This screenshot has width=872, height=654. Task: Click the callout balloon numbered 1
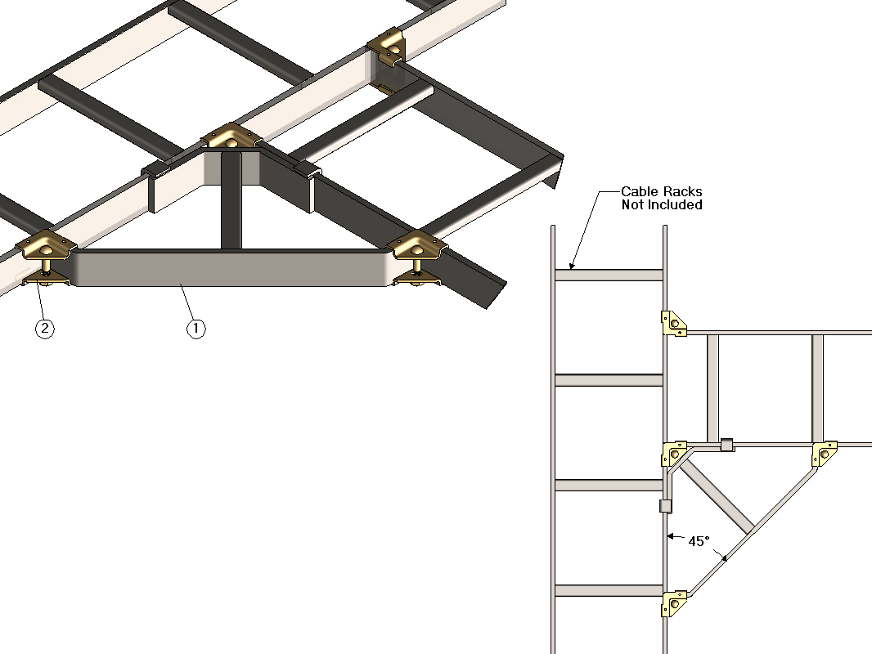[x=196, y=329]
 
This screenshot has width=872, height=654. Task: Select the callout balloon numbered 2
[x=45, y=329]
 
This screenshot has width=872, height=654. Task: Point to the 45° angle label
[x=699, y=541]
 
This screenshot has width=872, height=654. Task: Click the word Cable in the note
[x=637, y=191]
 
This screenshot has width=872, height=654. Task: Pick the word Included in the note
[x=674, y=205]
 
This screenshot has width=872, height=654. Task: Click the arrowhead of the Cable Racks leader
[x=571, y=266]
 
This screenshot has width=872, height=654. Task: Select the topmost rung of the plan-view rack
[x=609, y=275]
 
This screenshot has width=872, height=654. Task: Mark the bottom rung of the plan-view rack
[x=609, y=591]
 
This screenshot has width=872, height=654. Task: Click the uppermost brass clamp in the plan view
[x=673, y=324]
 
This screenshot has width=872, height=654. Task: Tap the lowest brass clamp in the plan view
[x=674, y=603]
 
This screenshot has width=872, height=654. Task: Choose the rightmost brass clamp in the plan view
[x=825, y=454]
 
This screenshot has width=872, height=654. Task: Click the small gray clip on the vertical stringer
[x=666, y=506]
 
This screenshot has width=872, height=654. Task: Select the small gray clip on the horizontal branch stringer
[x=726, y=445]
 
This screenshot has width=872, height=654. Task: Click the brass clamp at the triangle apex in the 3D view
[x=231, y=137]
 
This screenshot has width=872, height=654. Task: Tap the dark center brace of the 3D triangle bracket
[x=231, y=201]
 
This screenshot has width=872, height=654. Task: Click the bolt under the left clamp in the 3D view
[x=46, y=267]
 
